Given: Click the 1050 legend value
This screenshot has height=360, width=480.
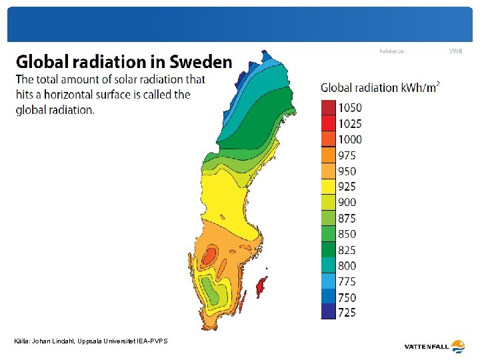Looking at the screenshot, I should [350, 108].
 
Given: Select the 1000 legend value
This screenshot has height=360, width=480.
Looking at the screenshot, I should [350, 139].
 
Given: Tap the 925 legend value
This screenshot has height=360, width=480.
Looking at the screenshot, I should [347, 187].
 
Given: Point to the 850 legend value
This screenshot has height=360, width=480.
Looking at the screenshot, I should [347, 234].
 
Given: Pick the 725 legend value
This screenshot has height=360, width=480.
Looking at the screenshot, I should [347, 312].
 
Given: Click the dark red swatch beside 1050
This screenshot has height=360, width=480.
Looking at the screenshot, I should [329, 108].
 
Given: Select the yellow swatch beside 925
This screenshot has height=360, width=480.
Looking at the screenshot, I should [329, 187].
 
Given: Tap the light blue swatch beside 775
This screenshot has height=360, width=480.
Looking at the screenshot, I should [329, 281].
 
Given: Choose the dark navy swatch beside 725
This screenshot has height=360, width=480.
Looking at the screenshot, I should [329, 312].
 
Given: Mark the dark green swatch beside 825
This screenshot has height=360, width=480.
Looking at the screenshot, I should [329, 250].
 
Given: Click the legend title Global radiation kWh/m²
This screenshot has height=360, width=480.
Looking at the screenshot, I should [380, 87].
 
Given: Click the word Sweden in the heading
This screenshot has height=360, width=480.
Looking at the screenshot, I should [201, 62].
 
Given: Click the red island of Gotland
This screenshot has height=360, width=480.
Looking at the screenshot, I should [262, 286].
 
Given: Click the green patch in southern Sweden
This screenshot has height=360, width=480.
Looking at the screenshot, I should [212, 289].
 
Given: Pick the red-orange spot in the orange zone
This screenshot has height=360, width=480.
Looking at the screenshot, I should [210, 255].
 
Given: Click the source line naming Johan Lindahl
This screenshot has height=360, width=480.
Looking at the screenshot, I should [91, 341].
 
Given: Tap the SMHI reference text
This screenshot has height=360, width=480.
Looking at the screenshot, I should [455, 51].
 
